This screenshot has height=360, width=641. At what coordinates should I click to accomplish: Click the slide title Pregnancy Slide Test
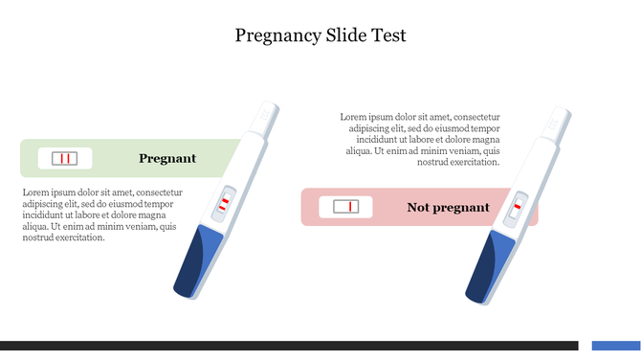[320, 35]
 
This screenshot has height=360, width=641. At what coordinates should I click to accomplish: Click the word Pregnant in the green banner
[167, 158]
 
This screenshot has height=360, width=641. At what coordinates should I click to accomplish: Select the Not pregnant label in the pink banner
[448, 207]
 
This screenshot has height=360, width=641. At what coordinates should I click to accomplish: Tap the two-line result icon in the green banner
[65, 158]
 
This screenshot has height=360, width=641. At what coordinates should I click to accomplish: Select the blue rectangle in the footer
[615, 345]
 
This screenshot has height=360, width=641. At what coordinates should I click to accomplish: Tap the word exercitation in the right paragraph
[475, 162]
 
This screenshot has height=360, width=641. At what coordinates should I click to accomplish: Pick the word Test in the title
[389, 35]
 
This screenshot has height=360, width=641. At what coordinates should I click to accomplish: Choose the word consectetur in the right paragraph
[470, 117]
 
